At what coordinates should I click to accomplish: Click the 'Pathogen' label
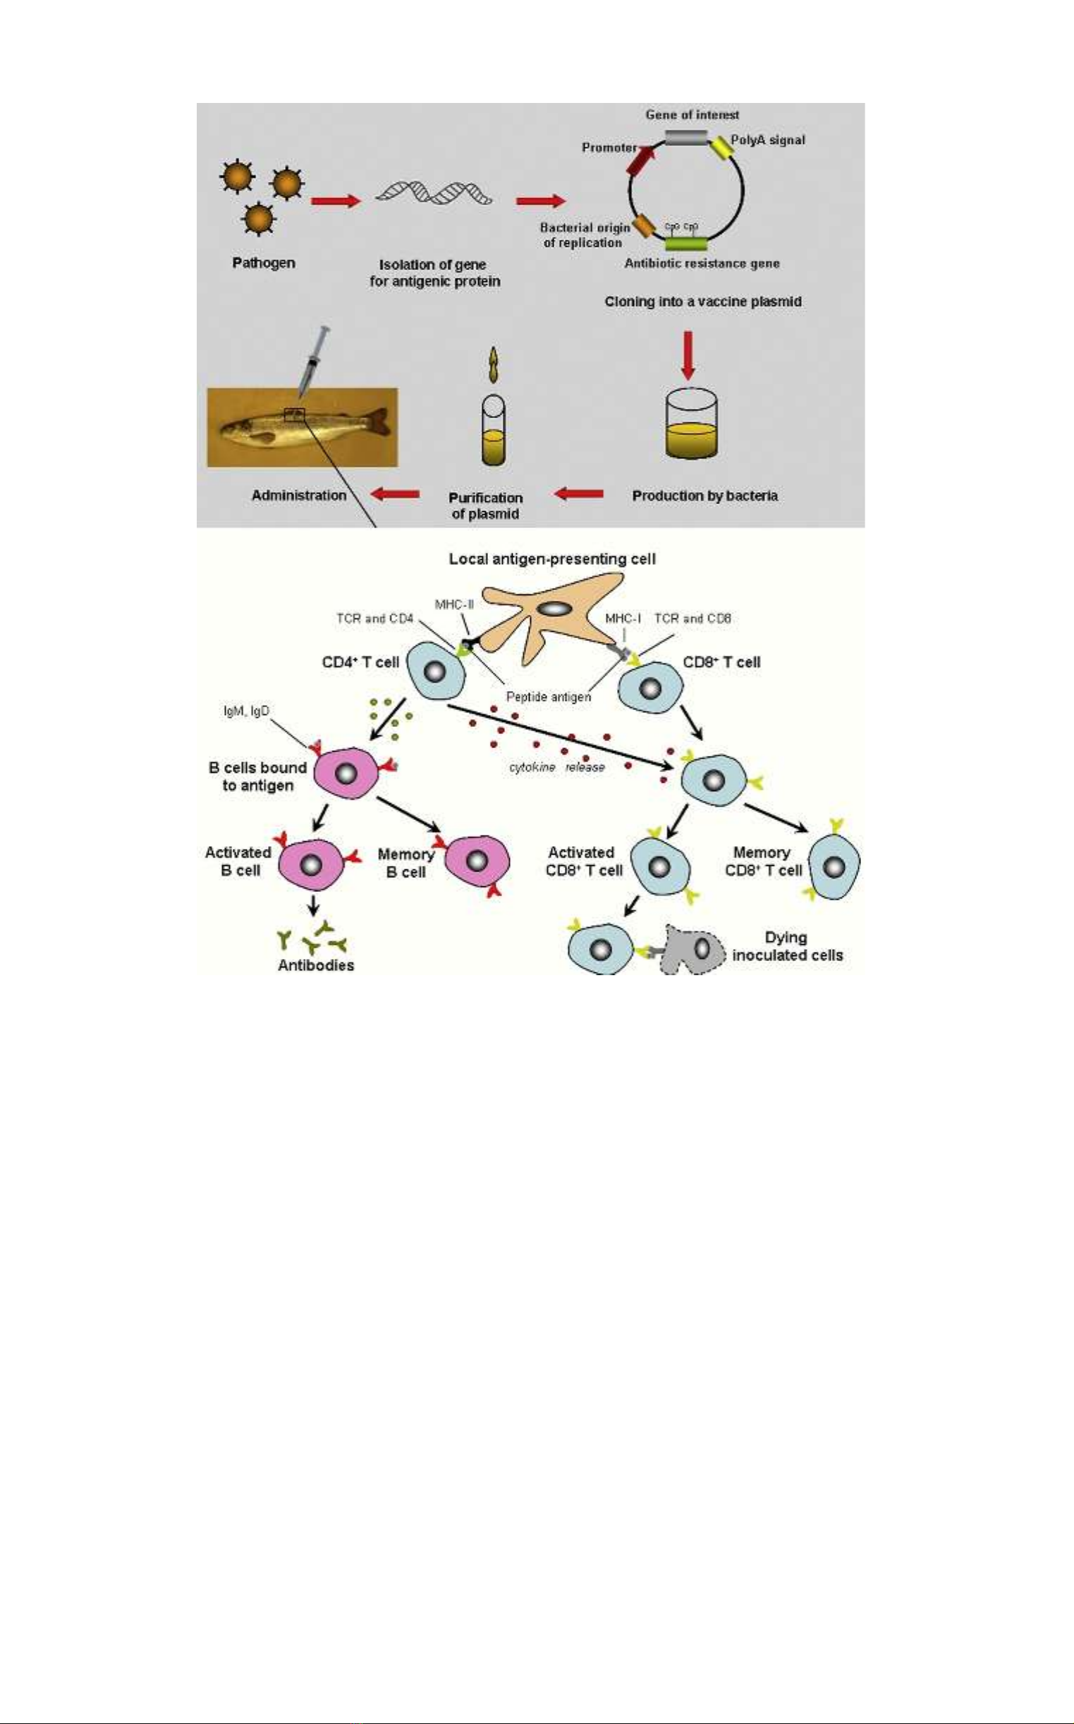coord(264,263)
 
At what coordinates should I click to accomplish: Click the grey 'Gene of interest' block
coord(687,137)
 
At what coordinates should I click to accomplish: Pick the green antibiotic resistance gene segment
coord(686,244)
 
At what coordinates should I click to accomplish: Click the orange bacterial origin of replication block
coord(644,226)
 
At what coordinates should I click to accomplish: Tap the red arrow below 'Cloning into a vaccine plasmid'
coord(688,354)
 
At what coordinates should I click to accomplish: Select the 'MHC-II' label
coord(454,605)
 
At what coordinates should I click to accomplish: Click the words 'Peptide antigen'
coord(549,697)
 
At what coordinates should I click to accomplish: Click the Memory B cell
coord(477,861)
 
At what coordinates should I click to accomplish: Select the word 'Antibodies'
coord(316,965)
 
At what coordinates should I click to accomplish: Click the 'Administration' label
coord(299,495)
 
